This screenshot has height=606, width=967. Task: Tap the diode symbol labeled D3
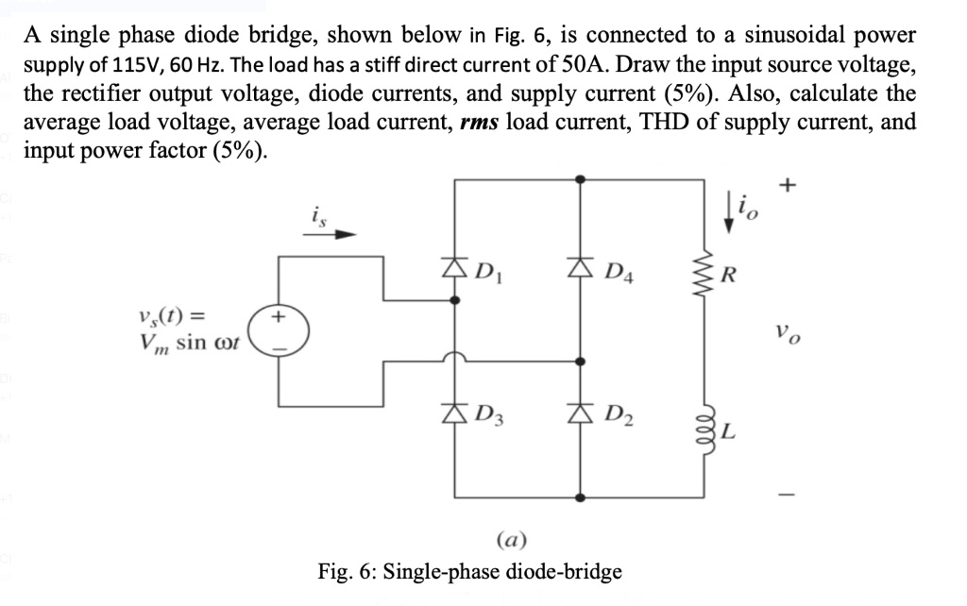click(x=455, y=412)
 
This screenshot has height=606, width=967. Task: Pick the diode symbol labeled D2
click(x=579, y=412)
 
